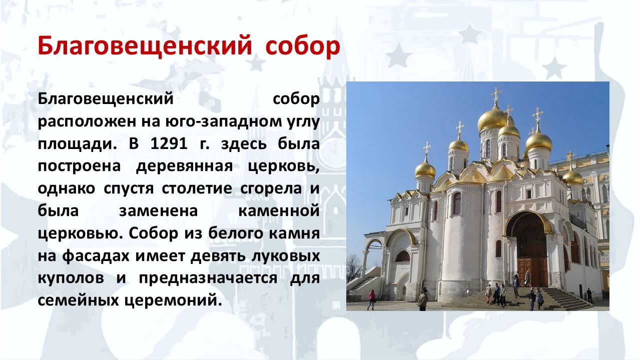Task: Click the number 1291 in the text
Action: [x=168, y=144]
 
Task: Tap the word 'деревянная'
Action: [x=184, y=166]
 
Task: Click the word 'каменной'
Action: [x=279, y=211]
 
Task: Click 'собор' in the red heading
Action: [x=302, y=46]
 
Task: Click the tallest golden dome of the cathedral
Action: [x=493, y=118]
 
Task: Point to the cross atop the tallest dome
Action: [x=495, y=93]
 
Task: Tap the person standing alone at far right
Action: [x=589, y=295]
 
